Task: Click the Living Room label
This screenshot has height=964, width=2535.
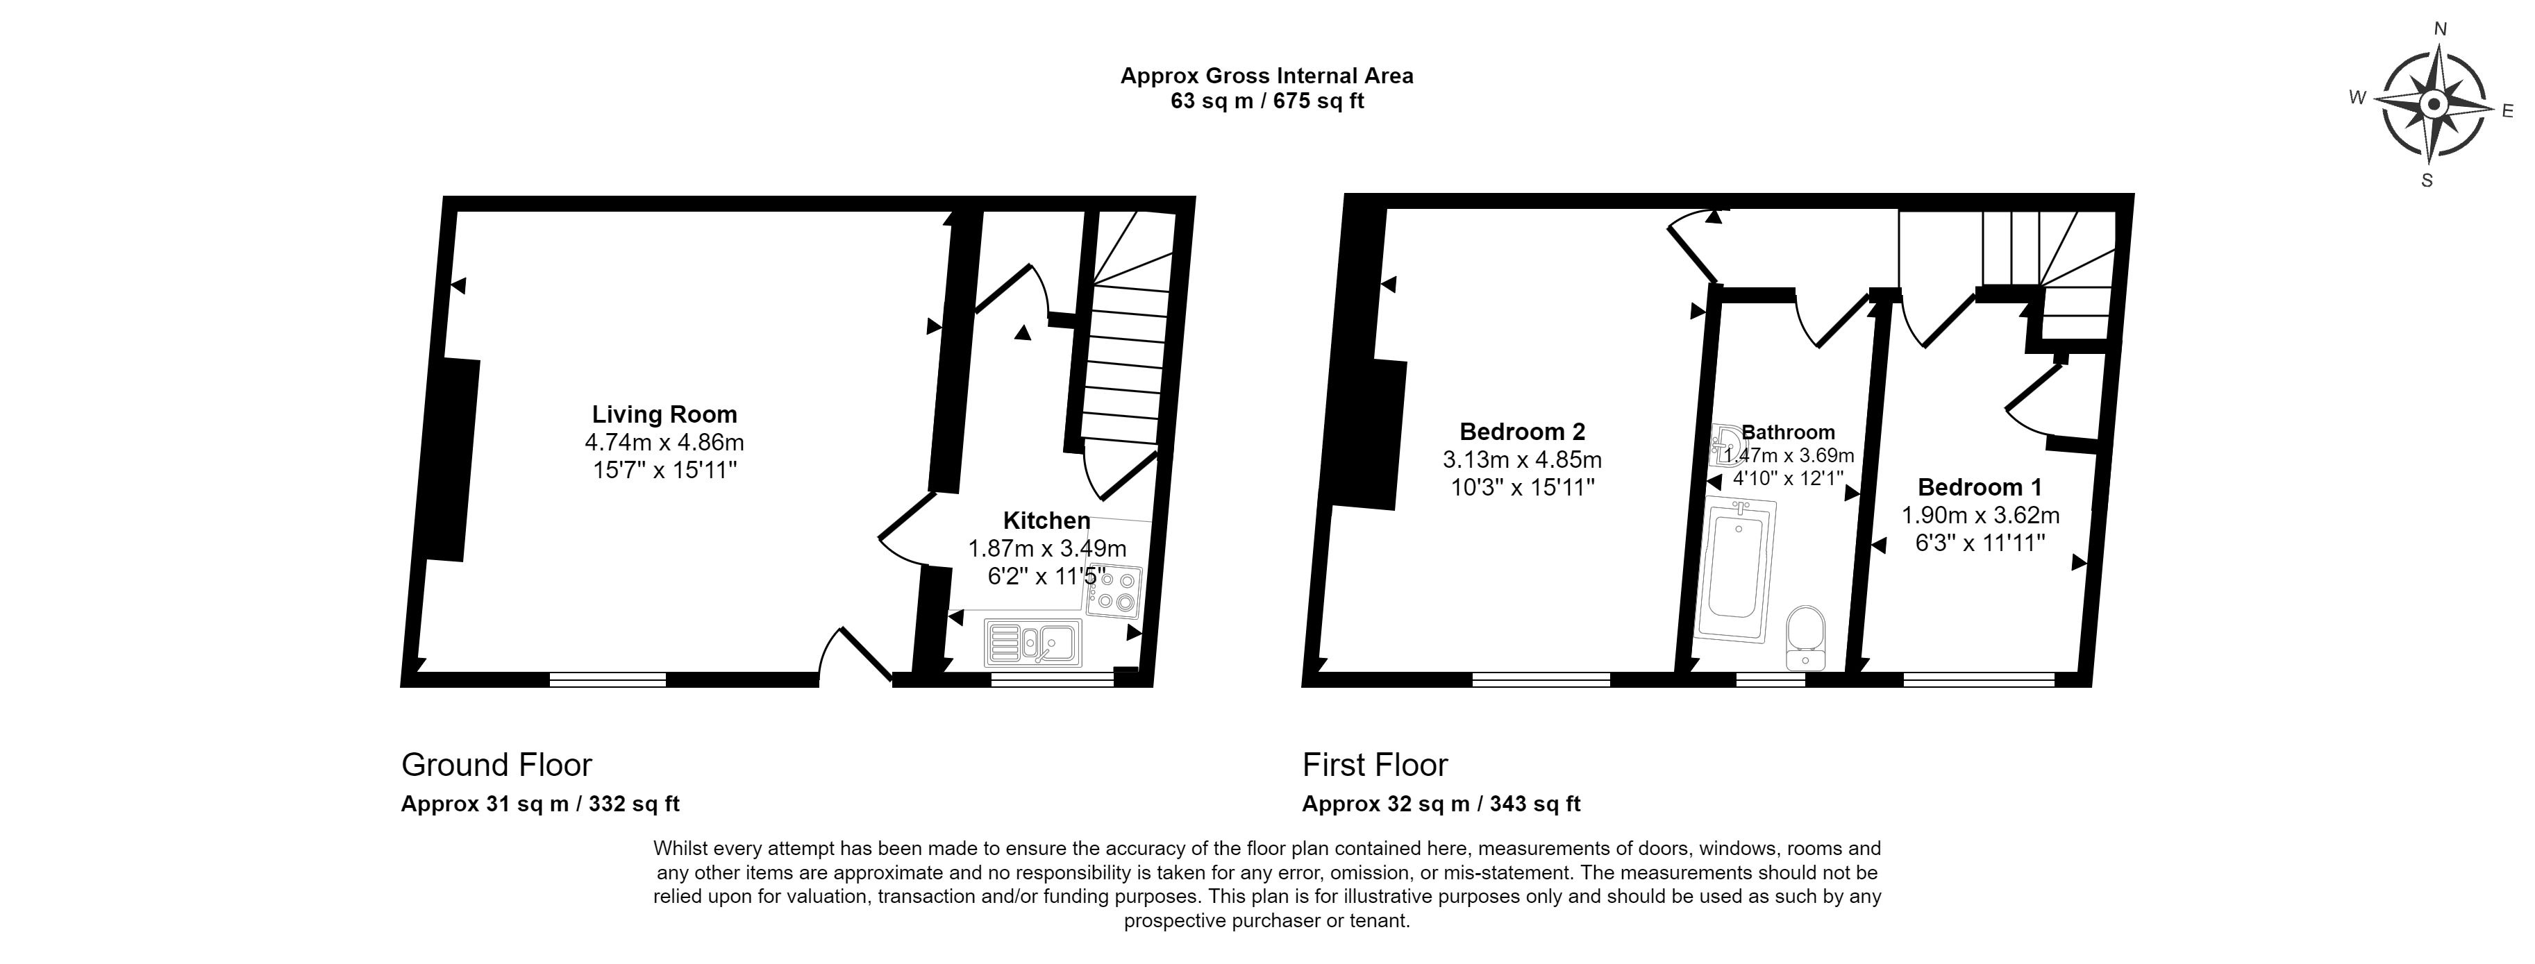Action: tap(664, 414)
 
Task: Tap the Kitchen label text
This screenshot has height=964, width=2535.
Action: tap(1046, 521)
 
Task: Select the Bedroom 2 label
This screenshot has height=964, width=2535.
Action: tap(1523, 431)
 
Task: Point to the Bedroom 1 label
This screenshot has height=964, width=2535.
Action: tap(1980, 487)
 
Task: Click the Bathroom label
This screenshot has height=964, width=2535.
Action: tap(1788, 432)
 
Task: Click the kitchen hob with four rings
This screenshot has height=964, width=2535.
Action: tap(1114, 591)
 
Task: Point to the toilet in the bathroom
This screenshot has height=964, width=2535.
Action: tap(1806, 639)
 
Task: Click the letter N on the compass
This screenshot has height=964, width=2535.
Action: tap(2433, 57)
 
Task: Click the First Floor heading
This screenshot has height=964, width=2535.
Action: tap(1375, 764)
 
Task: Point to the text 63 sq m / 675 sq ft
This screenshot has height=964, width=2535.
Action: tap(1266, 101)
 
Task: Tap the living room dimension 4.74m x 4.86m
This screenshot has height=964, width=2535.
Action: tap(664, 443)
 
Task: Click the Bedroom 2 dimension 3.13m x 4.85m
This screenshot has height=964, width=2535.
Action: tap(1523, 459)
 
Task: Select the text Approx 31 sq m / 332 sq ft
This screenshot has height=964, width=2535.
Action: tap(540, 804)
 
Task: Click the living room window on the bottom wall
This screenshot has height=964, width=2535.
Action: tap(607, 679)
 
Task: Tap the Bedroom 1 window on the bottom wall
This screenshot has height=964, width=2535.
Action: tap(1979, 679)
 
